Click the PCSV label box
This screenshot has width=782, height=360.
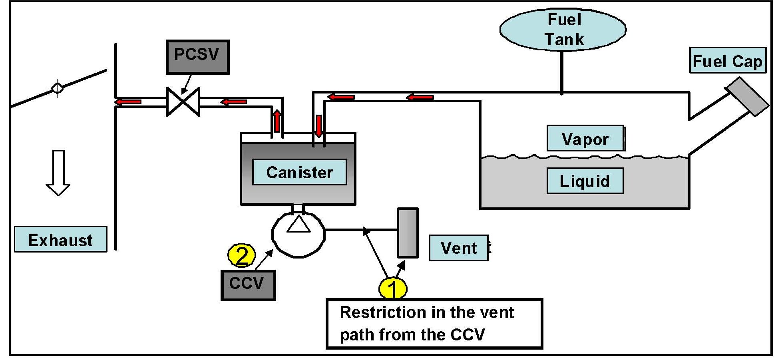coord(197,57)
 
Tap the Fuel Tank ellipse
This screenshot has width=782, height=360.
coord(563,30)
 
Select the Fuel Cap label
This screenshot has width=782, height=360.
coord(727,61)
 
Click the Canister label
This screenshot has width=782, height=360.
coord(299,172)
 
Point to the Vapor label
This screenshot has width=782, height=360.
coord(585,139)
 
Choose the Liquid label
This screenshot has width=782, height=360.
coord(585,181)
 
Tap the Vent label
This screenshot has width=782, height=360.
coord(459,248)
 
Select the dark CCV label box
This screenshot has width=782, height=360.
coord(248,285)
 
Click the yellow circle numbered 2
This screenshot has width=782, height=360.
coord(241,255)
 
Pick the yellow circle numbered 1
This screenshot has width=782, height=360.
coord(393,288)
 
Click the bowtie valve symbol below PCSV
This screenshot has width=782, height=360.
coord(183,102)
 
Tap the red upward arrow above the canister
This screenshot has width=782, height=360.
coord(277,121)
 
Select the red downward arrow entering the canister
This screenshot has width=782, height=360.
coord(318,125)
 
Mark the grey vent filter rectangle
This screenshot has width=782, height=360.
coord(407,233)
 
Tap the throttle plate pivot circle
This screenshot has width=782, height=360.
coord(57,88)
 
